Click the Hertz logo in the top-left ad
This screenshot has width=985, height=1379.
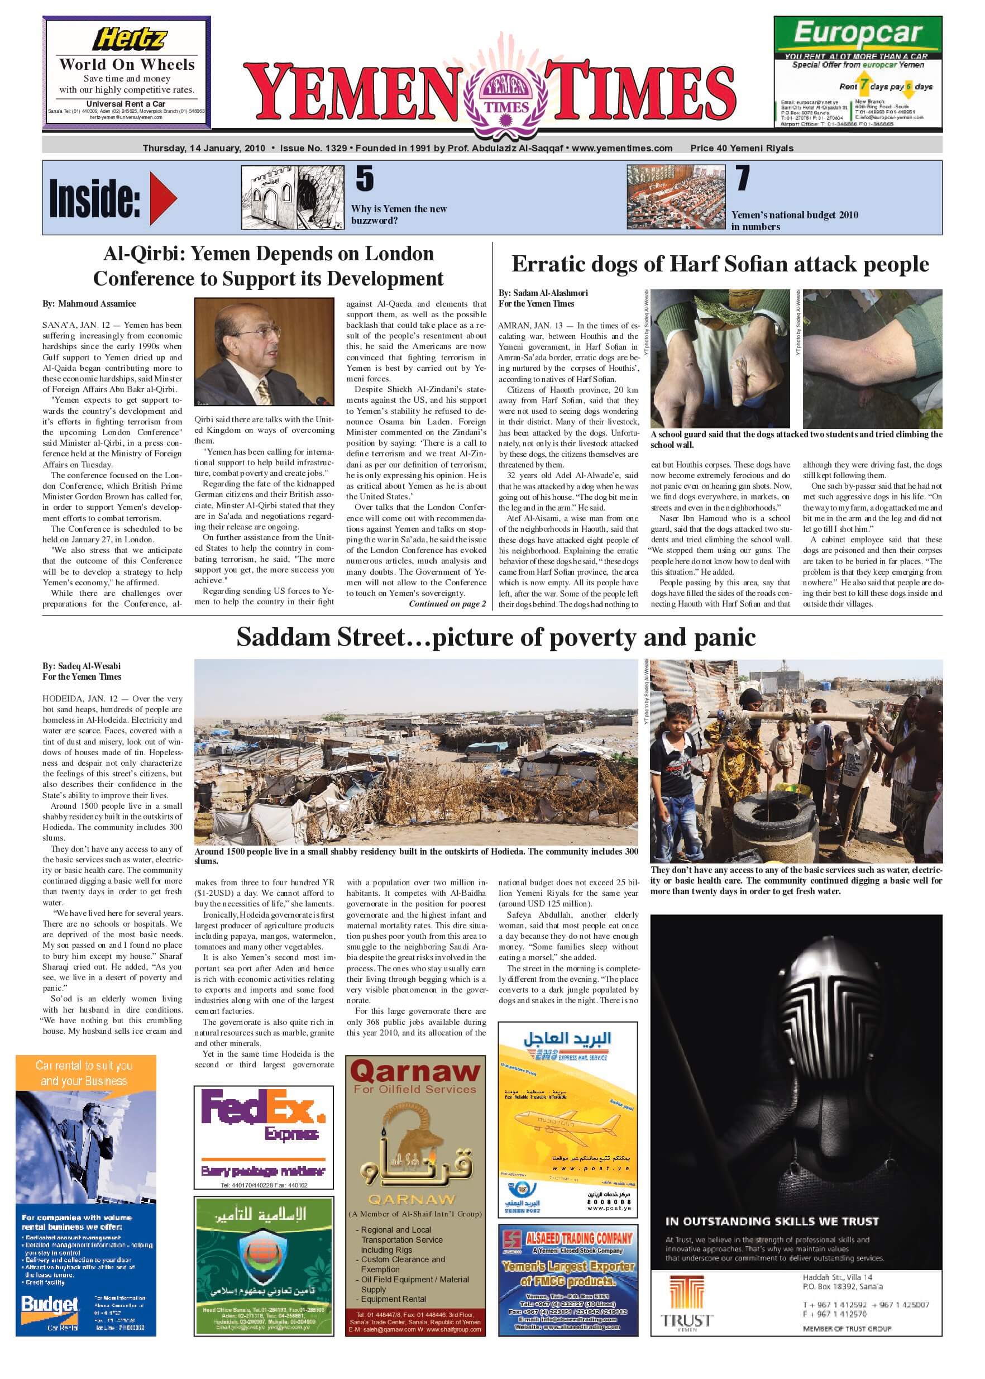(x=129, y=40)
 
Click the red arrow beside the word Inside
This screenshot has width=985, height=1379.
(x=162, y=198)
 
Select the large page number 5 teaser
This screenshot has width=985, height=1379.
(x=365, y=178)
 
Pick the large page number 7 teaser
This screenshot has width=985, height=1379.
(x=743, y=178)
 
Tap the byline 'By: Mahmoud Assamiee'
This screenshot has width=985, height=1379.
(x=89, y=303)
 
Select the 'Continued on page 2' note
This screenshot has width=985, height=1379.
(x=447, y=604)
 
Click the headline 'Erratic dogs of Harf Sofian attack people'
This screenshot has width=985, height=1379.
(x=720, y=264)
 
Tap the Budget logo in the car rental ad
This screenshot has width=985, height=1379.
(x=50, y=1304)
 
